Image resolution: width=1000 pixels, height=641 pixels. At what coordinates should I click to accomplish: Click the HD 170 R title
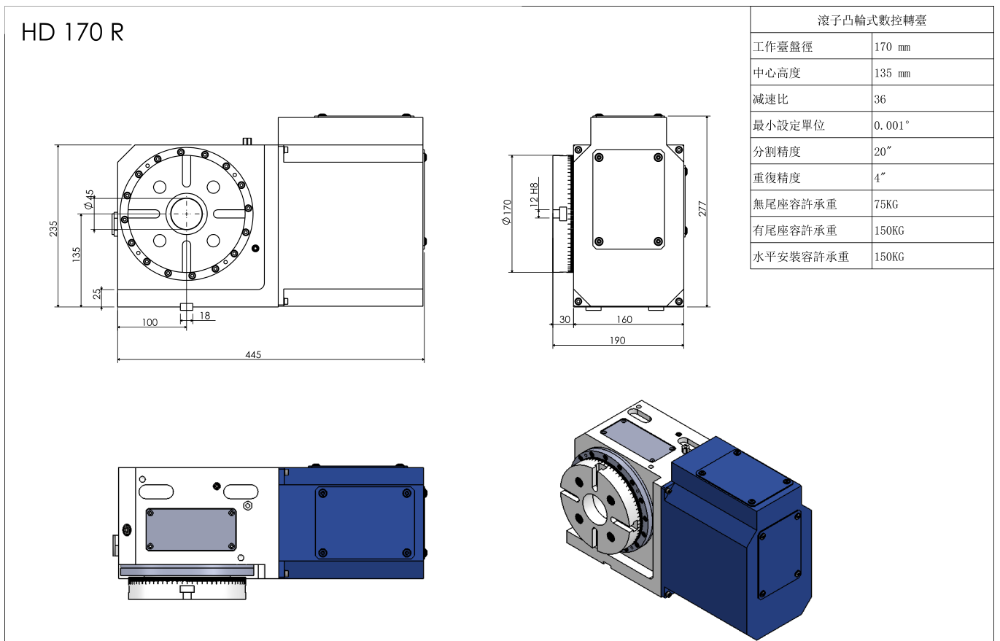click(x=72, y=33)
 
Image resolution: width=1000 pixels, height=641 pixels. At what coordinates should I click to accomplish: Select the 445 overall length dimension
click(x=253, y=354)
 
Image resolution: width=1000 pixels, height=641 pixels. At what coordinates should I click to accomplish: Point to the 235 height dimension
click(x=53, y=228)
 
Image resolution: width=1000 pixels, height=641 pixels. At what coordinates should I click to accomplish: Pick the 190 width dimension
click(x=617, y=340)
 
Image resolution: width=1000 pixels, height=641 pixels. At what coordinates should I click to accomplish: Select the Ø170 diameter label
click(x=506, y=211)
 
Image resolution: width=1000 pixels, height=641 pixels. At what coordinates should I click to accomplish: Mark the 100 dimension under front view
click(x=150, y=322)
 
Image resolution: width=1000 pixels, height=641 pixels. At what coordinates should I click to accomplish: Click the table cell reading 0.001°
click(x=891, y=125)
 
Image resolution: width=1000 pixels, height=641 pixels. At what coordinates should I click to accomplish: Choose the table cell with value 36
click(x=880, y=99)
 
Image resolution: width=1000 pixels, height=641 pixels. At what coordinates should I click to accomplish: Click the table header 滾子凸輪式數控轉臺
click(x=872, y=20)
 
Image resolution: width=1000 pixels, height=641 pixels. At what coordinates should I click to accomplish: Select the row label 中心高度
click(x=777, y=73)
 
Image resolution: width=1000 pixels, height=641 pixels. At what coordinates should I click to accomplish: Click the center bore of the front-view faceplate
click(x=187, y=214)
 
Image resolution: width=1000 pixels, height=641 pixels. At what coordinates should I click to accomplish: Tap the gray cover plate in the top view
click(x=191, y=529)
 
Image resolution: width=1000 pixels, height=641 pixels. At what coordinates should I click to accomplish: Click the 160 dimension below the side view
click(x=624, y=319)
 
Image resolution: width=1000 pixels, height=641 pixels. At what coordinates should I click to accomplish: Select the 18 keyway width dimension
click(x=204, y=316)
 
